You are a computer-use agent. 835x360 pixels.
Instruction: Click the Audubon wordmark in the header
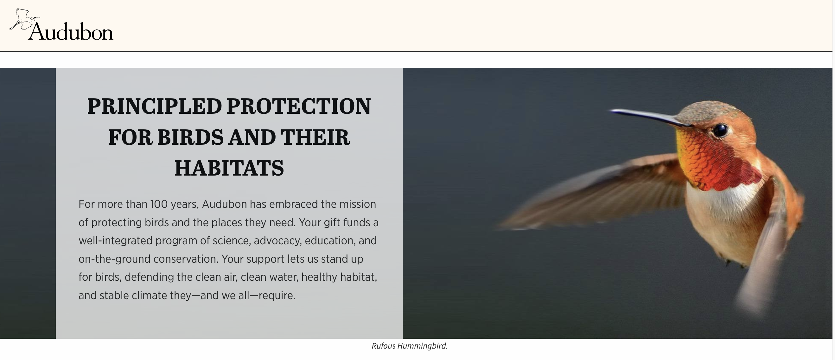71,32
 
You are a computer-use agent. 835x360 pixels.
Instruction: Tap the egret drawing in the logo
23,19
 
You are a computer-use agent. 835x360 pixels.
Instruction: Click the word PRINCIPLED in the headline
154,106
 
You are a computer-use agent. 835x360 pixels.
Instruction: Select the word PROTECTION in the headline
298,106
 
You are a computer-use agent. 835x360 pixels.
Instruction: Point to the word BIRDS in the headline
190,137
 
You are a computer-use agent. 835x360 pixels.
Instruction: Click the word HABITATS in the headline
229,168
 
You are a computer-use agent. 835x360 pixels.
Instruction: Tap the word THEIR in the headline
315,137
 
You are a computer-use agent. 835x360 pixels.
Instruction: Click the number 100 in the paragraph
159,204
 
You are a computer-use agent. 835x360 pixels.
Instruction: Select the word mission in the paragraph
358,204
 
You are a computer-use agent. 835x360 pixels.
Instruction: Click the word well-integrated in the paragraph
115,241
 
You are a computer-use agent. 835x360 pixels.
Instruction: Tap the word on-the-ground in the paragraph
114,259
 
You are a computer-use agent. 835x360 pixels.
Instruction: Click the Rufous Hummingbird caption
410,346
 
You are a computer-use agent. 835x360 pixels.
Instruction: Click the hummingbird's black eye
720,130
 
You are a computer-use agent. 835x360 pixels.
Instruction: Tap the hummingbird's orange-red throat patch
713,159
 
